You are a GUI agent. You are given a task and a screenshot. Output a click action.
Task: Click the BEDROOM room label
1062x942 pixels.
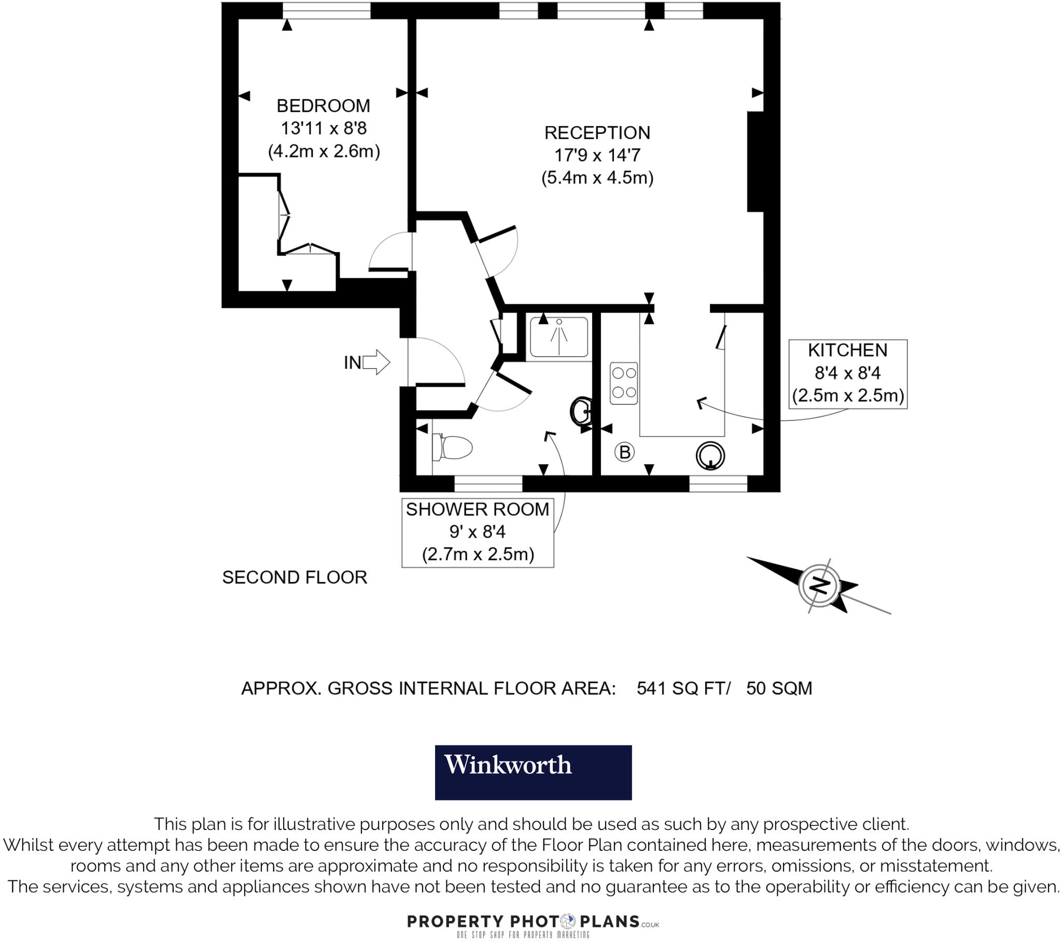(323, 106)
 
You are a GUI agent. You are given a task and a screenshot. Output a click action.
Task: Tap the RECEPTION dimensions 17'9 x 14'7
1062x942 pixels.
(597, 155)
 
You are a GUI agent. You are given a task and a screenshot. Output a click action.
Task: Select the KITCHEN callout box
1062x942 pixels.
(847, 374)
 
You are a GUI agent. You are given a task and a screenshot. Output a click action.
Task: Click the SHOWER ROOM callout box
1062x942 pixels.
(477, 532)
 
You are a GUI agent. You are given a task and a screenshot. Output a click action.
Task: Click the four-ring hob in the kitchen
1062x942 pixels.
(624, 383)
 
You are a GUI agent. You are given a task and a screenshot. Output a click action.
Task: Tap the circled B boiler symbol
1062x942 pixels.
(624, 452)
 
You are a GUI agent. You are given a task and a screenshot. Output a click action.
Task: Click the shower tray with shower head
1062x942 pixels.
(558, 337)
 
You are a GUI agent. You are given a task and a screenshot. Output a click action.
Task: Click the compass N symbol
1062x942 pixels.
(819, 585)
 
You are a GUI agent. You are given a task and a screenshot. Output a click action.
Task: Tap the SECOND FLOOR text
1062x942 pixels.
(295, 577)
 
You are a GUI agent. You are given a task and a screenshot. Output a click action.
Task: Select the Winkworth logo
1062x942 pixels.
(533, 772)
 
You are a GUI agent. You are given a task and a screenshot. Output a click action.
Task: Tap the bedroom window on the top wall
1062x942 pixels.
(326, 10)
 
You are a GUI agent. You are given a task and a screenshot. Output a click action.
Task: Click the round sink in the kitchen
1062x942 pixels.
(710, 456)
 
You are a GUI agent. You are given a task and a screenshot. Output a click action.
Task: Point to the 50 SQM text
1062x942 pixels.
(779, 688)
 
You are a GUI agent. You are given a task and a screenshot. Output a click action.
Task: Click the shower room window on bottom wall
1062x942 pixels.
(488, 484)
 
